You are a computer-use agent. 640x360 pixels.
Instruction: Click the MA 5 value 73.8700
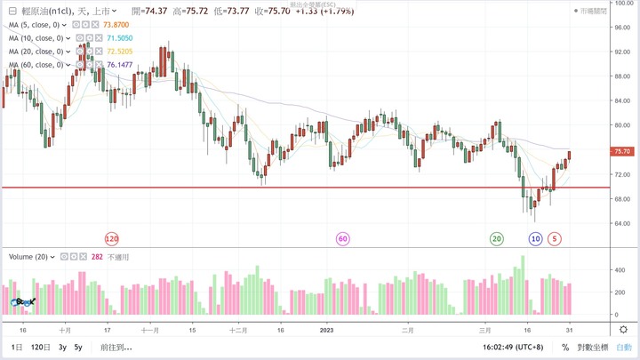click(x=118, y=26)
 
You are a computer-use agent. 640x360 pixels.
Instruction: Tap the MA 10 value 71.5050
click(x=121, y=39)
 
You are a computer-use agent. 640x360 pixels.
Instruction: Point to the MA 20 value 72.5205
click(x=121, y=52)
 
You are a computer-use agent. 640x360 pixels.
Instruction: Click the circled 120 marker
click(x=112, y=239)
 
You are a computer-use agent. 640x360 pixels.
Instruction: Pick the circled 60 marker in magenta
click(x=342, y=239)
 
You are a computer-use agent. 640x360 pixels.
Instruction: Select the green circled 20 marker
click(x=497, y=239)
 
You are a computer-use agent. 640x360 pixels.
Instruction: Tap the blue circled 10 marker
click(x=535, y=239)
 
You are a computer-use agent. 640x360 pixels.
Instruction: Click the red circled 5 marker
click(x=555, y=239)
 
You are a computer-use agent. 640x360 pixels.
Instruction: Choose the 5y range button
click(x=78, y=348)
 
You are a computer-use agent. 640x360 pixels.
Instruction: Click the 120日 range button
click(x=41, y=348)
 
